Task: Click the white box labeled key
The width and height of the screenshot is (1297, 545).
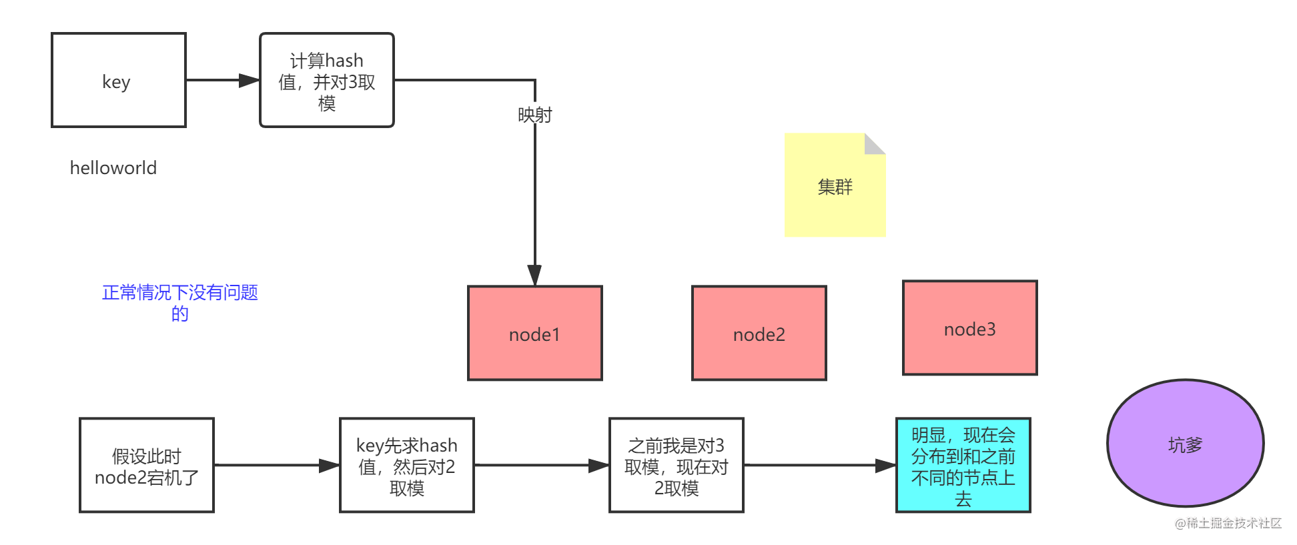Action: point(119,80)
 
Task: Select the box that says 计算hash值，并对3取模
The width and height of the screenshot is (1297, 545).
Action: point(327,80)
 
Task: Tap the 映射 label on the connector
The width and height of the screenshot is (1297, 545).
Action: point(535,115)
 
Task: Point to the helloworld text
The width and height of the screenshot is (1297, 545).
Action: point(113,168)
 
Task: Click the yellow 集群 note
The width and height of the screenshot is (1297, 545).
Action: point(835,187)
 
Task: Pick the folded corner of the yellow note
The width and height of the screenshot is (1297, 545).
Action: point(875,143)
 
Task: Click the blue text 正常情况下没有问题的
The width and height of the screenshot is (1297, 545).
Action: point(180,302)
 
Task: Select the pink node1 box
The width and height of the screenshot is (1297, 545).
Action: point(535,334)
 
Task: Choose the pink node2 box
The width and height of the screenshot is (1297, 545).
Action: point(759,334)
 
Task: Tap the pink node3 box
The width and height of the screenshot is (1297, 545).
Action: point(970,328)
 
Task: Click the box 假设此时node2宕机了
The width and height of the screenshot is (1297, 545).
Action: point(147,466)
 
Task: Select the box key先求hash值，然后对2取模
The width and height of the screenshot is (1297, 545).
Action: point(407,466)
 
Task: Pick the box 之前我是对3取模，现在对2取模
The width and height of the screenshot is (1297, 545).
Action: point(677,466)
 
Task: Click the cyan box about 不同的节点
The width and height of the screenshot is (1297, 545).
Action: point(963,466)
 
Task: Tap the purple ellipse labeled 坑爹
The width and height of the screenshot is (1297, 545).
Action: point(1186,444)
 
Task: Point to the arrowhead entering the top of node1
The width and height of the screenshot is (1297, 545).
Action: point(535,275)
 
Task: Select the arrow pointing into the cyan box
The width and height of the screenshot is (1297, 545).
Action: point(821,466)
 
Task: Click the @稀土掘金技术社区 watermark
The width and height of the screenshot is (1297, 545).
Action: point(1227,522)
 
